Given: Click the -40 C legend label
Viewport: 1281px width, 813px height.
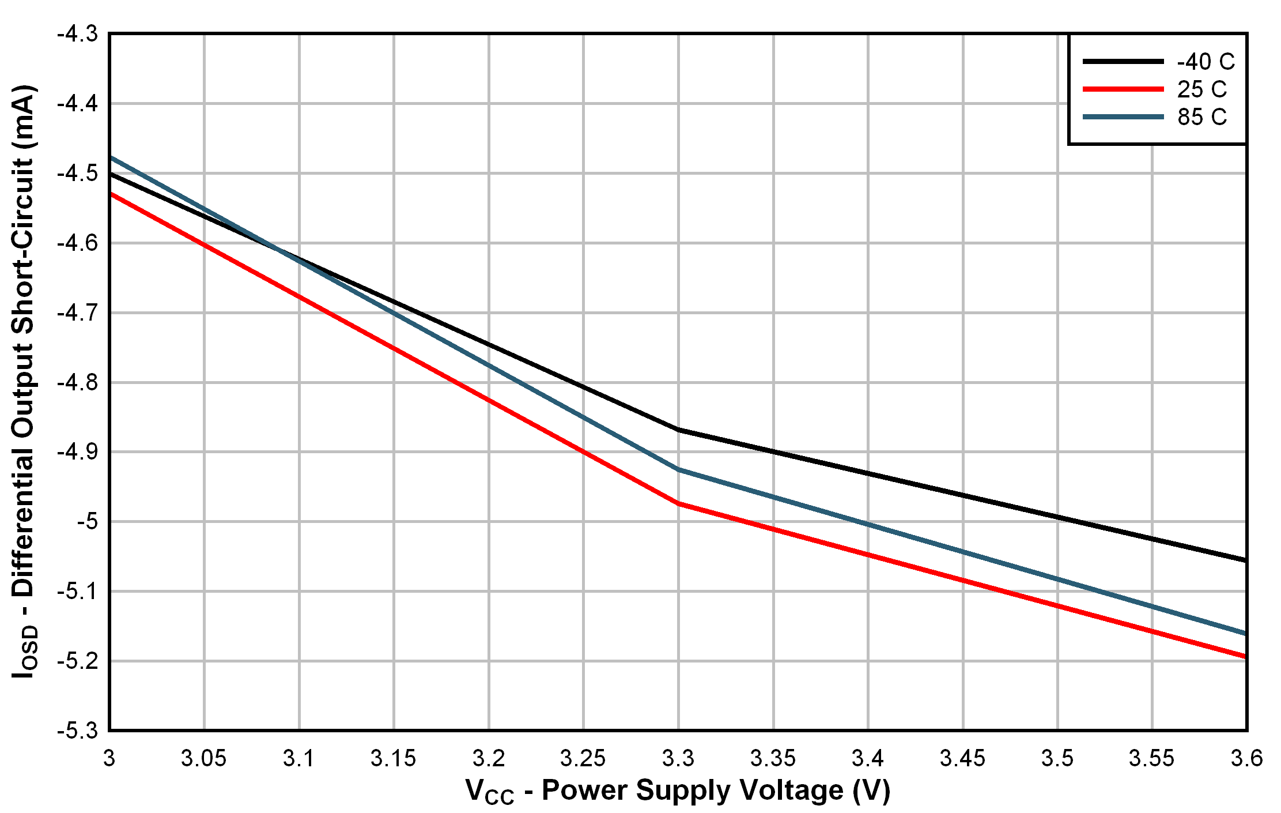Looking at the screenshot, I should pos(1205,62).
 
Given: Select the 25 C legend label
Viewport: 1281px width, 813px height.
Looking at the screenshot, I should pos(1201,89).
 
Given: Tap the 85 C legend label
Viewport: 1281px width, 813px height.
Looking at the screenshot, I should pos(1201,117).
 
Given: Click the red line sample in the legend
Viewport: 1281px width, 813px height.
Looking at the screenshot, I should pos(1123,89).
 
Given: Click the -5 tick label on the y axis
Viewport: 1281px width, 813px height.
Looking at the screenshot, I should pos(87,522).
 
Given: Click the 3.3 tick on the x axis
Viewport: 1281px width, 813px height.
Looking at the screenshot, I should pos(678,758).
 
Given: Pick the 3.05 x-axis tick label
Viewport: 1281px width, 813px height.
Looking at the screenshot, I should pos(203,758).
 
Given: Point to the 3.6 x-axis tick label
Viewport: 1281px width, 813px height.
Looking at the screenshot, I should pos(1246,758).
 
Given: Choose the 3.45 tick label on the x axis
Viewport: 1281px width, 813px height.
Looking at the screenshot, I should pos(962,758).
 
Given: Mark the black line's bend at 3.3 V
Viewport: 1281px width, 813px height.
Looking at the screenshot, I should pos(679,430).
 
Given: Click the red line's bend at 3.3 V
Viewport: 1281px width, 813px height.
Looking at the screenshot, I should pos(679,503).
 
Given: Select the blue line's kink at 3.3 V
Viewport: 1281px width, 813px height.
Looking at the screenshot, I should pos(679,469).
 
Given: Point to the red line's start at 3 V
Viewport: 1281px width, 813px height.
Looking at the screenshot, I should pos(111,194).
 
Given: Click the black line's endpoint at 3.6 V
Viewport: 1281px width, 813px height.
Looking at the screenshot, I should pos(1245,560).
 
